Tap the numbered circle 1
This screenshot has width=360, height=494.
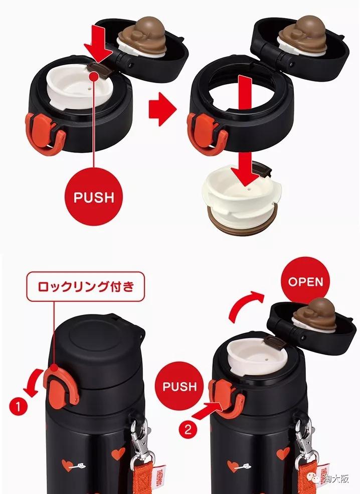[18, 406]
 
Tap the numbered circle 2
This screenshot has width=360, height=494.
[188, 429]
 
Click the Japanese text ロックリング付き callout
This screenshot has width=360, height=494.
[86, 287]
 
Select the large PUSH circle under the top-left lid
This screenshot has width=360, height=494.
[94, 197]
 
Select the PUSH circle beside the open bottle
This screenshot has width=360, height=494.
[180, 386]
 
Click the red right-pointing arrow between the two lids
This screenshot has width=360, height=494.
[162, 109]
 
